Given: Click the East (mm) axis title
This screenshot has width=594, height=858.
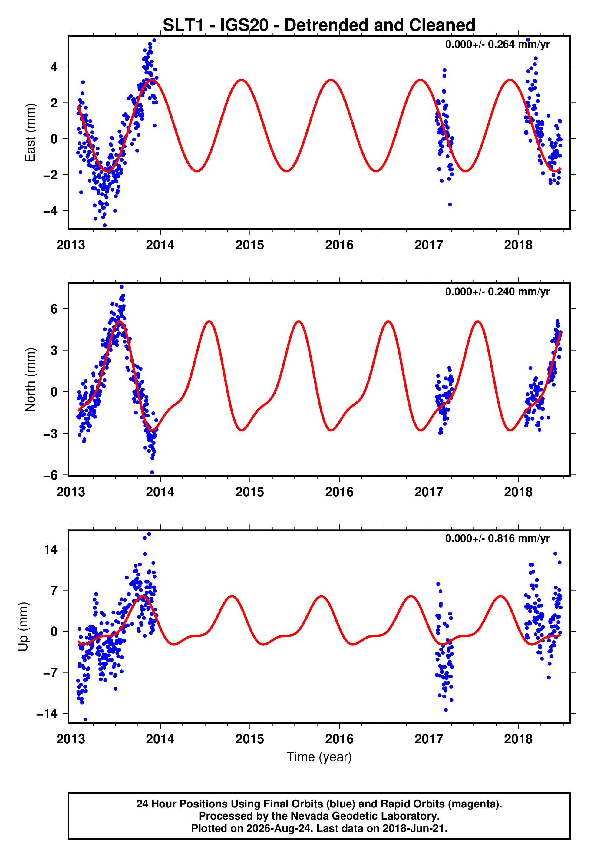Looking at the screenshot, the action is coord(30,133).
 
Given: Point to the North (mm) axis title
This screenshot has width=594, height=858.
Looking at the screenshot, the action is coord(30,380).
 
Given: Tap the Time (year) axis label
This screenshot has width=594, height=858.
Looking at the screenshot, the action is coord(319,757).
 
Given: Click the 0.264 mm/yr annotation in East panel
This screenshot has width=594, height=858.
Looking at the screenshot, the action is coord(498,44).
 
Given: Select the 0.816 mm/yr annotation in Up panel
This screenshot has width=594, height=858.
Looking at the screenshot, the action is coord(498,538).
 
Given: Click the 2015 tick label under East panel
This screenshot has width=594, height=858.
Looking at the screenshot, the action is coord(250,245).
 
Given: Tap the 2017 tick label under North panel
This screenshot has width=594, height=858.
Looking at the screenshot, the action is coord(429,492).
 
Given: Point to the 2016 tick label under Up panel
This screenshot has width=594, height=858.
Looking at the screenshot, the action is coord(339,739).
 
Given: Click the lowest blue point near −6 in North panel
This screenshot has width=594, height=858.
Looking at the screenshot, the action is coord(152,473).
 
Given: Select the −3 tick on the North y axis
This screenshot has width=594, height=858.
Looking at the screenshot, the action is coord(51,434).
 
